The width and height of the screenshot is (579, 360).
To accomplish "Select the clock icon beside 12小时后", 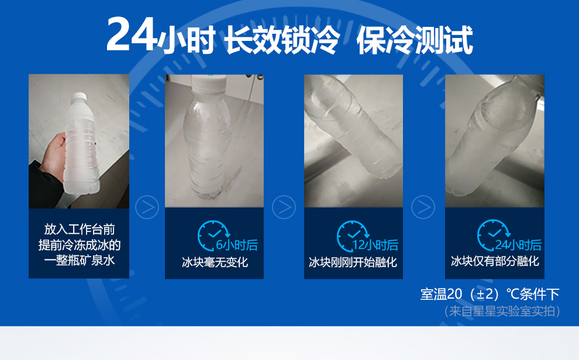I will [x=350, y=235].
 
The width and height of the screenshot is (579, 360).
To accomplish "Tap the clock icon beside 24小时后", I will [x=490, y=235].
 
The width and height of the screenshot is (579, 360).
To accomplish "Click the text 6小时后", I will [x=237, y=245].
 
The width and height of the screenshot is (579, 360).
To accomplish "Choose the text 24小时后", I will [x=518, y=245].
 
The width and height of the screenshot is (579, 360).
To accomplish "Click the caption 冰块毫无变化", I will [x=215, y=262].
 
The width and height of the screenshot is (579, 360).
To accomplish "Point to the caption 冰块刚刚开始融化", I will [x=353, y=262].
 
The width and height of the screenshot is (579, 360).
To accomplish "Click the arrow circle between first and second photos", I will [x=147, y=207].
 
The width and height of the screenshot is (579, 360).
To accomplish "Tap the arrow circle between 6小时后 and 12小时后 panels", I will [x=284, y=207].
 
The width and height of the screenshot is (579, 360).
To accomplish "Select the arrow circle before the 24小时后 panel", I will [x=423, y=207].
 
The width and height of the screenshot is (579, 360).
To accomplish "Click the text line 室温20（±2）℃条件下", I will [x=490, y=294].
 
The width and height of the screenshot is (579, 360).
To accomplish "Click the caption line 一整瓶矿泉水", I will [x=79, y=260].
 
